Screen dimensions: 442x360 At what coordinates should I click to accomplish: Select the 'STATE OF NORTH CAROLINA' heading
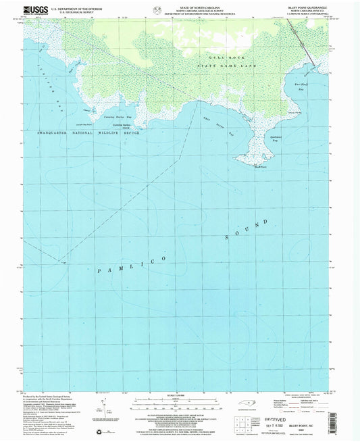179,5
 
